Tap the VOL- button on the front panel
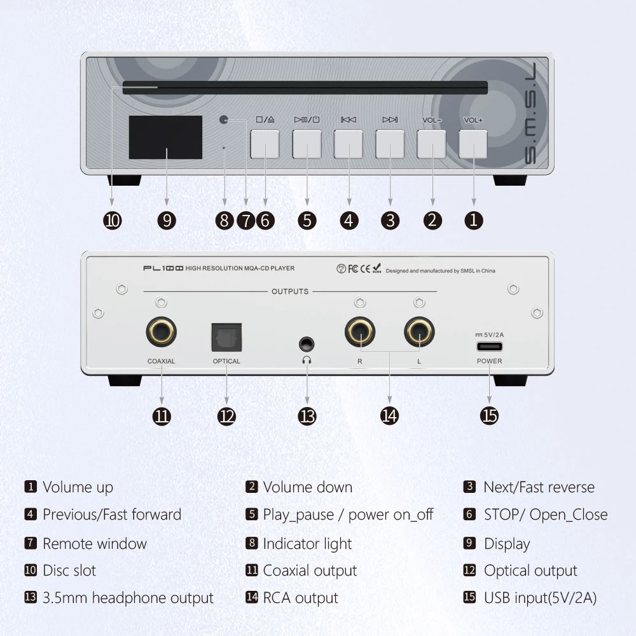(x=431, y=144)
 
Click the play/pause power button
(x=307, y=144)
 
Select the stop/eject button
(x=265, y=144)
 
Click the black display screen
(x=165, y=137)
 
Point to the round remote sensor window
(x=223, y=120)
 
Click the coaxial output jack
(x=161, y=332)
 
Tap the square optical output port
(x=227, y=338)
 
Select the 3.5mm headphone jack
(x=307, y=344)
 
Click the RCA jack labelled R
(x=360, y=332)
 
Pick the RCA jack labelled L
(x=419, y=332)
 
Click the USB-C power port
(x=490, y=347)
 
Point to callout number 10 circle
(x=113, y=221)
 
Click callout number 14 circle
(x=389, y=416)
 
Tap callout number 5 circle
(x=307, y=221)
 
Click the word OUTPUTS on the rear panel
(x=290, y=291)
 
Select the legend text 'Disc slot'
(x=69, y=570)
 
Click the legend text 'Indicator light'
(x=307, y=544)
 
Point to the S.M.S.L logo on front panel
(x=530, y=114)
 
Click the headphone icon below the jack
(x=307, y=360)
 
